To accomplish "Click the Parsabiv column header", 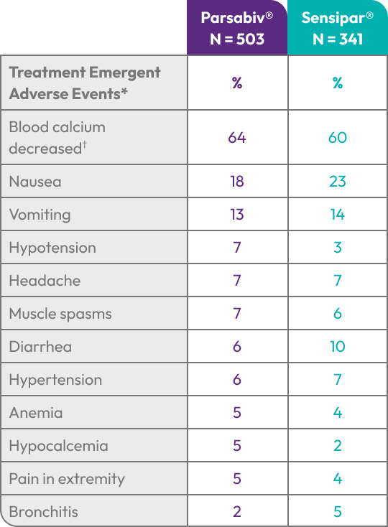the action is click(x=237, y=28).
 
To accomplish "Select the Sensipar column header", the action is click(x=338, y=28).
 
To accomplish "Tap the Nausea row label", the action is click(x=35, y=182).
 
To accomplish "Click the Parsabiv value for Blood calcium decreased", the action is click(x=237, y=137).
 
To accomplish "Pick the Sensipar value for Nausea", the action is click(x=338, y=182).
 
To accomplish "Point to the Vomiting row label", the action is click(x=40, y=215).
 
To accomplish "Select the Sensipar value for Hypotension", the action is click(x=338, y=248).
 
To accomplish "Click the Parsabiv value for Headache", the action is click(x=237, y=280).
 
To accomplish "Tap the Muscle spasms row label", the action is click(x=60, y=314).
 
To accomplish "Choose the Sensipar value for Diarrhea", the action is click(x=338, y=347).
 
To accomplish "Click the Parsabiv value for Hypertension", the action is click(x=237, y=379).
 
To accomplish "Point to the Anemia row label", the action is click(x=36, y=413).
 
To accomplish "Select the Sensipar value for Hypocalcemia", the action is click(x=338, y=446).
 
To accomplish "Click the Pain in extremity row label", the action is click(x=67, y=479).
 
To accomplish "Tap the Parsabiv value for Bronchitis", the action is click(x=237, y=511).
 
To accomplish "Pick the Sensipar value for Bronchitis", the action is click(x=338, y=511).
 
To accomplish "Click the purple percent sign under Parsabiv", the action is click(x=237, y=83).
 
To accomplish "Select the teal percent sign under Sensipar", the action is click(x=338, y=83).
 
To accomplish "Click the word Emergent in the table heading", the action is click(x=125, y=73).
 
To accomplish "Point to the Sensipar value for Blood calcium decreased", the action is click(x=338, y=137).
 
